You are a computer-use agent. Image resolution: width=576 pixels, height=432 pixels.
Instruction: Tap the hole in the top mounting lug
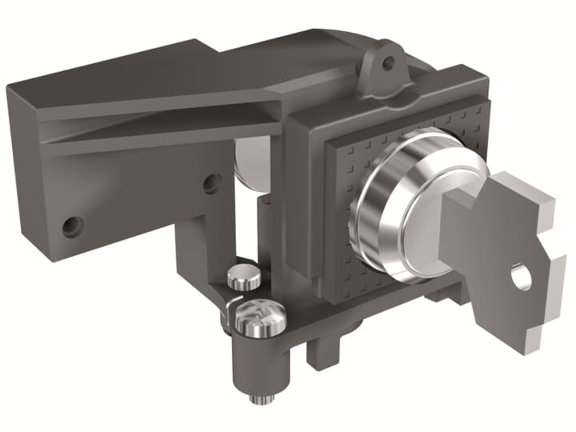point(389,62)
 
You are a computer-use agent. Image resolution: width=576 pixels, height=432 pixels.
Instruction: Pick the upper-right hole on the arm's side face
point(211,183)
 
